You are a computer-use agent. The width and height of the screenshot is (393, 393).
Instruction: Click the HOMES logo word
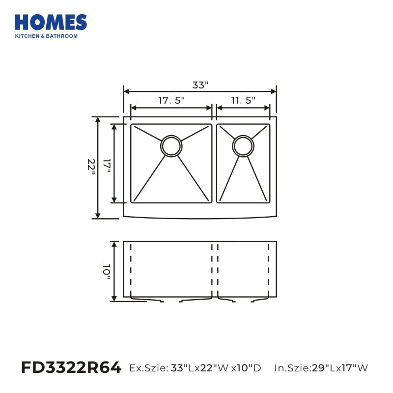(x=51, y=22)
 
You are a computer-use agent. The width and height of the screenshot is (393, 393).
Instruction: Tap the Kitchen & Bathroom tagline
(x=46, y=36)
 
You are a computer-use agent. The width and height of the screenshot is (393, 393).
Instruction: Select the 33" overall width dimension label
(x=200, y=85)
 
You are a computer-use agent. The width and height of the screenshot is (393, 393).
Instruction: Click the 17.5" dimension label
(x=171, y=100)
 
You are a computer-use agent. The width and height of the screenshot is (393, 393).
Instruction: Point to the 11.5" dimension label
(x=243, y=100)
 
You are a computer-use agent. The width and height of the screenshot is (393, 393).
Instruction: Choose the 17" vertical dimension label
(x=107, y=166)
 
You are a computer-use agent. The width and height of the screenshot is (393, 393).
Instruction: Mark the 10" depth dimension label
(x=107, y=272)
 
